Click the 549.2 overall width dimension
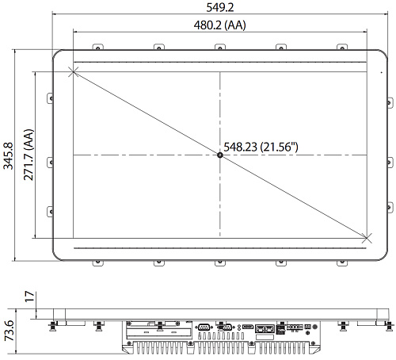(x=220, y=7)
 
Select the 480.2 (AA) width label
(x=220, y=25)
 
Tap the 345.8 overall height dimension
(x=8, y=156)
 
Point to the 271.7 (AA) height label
(x=29, y=155)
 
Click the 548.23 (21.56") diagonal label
(x=261, y=147)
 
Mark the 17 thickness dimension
(x=30, y=297)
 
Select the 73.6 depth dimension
(x=10, y=331)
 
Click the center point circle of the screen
(x=220, y=155)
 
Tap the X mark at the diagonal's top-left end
(x=74, y=72)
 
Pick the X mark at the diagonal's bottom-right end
(x=367, y=238)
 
